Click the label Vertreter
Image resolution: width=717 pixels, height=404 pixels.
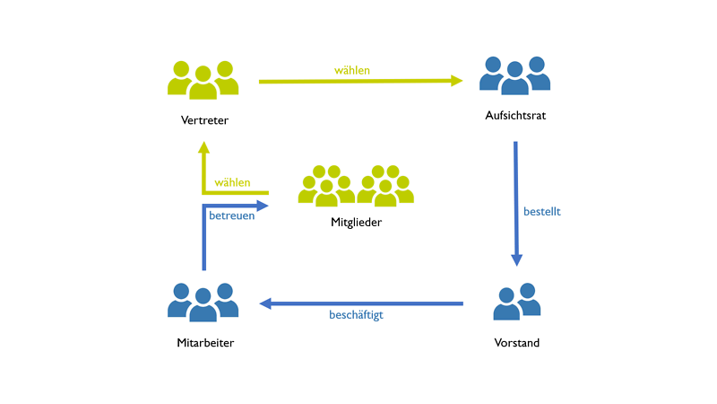203,119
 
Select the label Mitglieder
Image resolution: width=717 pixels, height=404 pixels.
357,222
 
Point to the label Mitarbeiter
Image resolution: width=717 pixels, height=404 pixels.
203,343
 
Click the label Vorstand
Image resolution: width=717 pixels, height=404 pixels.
517,343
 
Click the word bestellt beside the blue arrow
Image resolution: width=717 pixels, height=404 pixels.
542,212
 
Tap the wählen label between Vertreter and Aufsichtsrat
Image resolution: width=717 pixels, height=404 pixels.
352,70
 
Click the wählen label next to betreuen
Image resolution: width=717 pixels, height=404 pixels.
232,182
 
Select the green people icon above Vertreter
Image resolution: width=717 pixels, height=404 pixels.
203,79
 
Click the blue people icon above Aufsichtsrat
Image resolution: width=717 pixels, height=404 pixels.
514,75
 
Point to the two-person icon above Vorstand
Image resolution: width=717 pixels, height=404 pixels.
517,302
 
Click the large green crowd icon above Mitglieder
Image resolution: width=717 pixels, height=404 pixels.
357,186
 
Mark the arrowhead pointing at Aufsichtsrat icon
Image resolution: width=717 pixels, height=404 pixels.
456,81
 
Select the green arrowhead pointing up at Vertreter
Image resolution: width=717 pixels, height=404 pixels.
204,148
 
